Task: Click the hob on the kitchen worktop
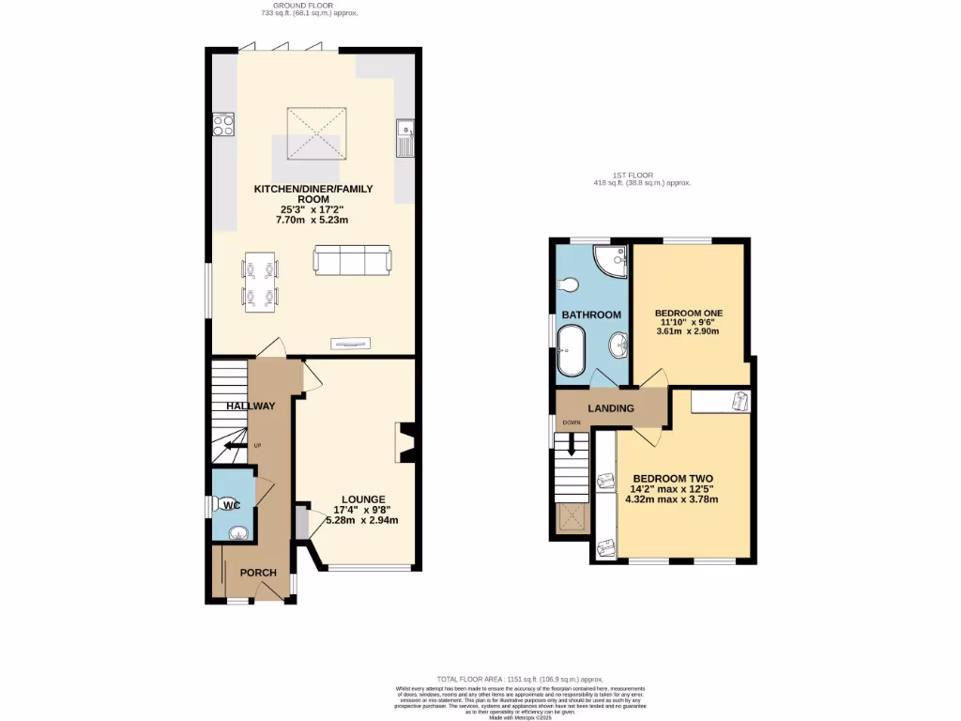[223, 124]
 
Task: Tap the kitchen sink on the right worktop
[405, 137]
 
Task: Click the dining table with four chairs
[261, 283]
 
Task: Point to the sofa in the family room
[352, 260]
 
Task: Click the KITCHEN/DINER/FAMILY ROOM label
[313, 194]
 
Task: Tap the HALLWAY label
[250, 406]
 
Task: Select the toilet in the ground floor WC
[225, 505]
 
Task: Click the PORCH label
[258, 573]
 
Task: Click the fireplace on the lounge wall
[407, 442]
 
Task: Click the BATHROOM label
[592, 314]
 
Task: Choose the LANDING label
[611, 408]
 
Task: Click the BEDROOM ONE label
[689, 312]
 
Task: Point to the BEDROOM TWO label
[671, 477]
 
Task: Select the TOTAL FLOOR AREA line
[520, 679]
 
